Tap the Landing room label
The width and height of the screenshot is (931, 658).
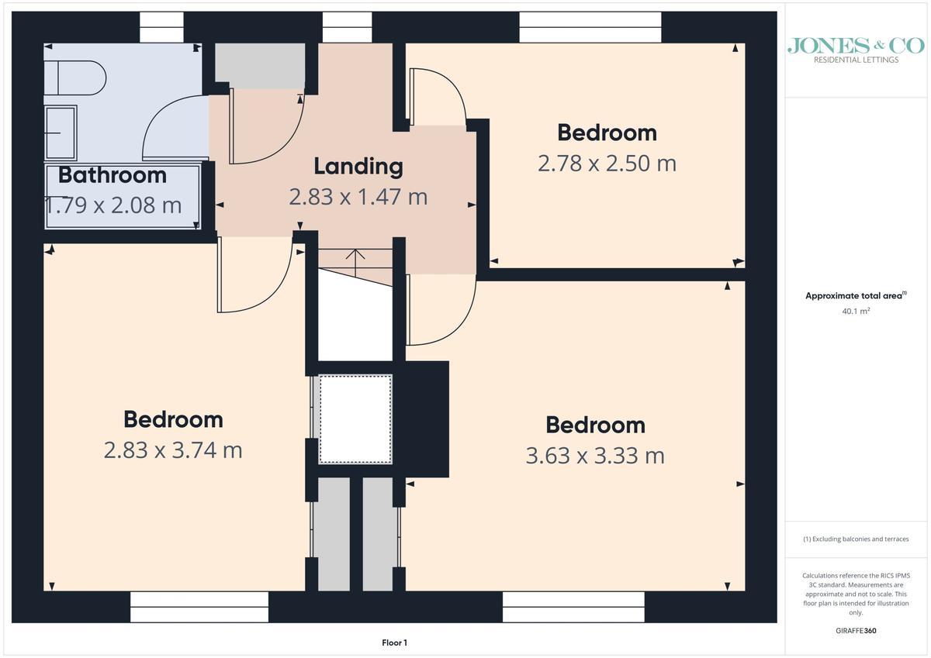pyautogui.click(x=358, y=167)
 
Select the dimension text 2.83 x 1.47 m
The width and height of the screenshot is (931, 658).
pyautogui.click(x=358, y=197)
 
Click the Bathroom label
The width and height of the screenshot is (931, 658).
pyautogui.click(x=112, y=175)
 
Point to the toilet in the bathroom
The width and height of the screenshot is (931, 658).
pyautogui.click(x=75, y=78)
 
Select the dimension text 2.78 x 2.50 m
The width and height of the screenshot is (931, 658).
pyautogui.click(x=607, y=164)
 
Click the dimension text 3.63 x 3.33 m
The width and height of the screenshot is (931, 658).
pyautogui.click(x=595, y=456)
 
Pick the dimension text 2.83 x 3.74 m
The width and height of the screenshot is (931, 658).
pyautogui.click(x=173, y=450)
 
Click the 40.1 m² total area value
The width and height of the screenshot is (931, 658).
pyautogui.click(x=856, y=311)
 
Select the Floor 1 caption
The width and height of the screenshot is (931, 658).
pyautogui.click(x=394, y=642)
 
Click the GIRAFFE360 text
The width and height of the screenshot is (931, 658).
pyautogui.click(x=856, y=631)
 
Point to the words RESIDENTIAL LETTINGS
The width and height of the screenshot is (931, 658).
pyautogui.click(x=856, y=60)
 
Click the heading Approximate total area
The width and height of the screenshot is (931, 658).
pyautogui.click(x=856, y=295)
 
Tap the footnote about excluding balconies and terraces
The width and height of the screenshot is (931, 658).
pyautogui.click(x=856, y=539)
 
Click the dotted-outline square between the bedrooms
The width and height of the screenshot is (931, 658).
pyautogui.click(x=355, y=419)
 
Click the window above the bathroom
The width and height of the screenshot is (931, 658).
pyautogui.click(x=161, y=27)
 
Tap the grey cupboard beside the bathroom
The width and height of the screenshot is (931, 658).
pyautogui.click(x=260, y=66)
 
